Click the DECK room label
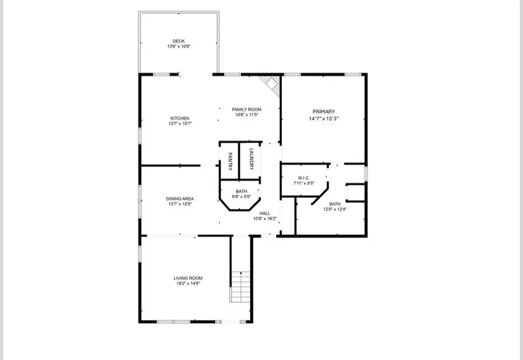(x=178, y=41)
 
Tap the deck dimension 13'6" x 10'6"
(x=178, y=46)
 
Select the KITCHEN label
(x=180, y=118)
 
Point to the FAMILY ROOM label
(x=246, y=109)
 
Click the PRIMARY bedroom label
(x=324, y=111)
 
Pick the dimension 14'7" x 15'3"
(x=324, y=118)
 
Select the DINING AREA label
(x=180, y=199)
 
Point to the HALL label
(x=265, y=213)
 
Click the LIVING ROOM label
(x=188, y=278)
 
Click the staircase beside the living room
(x=240, y=286)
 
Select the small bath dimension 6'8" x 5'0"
(x=241, y=196)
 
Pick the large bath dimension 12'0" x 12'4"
(x=335, y=209)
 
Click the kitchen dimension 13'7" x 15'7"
(x=180, y=124)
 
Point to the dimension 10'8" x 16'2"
(x=265, y=219)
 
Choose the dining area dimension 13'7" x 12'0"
(x=180, y=204)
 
